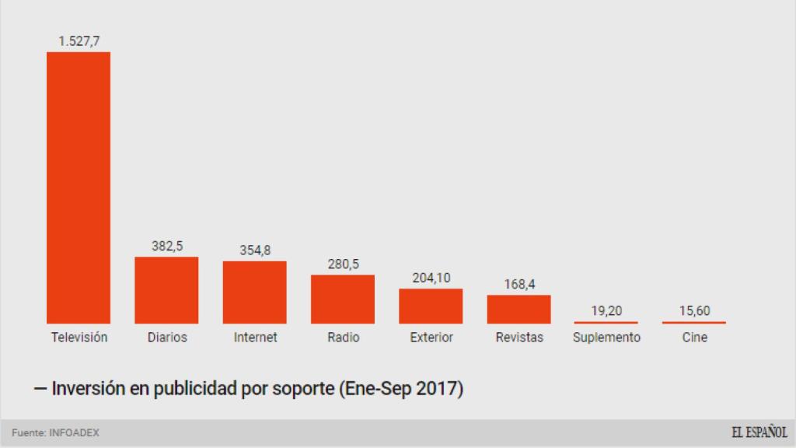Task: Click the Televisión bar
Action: tap(79, 187)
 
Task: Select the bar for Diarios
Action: tap(166, 290)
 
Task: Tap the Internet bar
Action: tap(255, 292)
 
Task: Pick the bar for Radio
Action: tap(343, 299)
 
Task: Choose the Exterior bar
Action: tap(431, 306)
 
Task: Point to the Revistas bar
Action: tap(519, 310)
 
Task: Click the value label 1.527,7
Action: tap(79, 40)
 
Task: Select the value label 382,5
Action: tap(166, 245)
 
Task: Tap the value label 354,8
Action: tap(255, 250)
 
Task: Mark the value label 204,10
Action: tap(431, 277)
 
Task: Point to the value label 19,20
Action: tap(606, 311)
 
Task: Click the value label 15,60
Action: tap(694, 311)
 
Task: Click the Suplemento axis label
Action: tap(606, 338)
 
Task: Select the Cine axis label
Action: tap(694, 338)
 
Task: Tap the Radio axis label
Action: tap(343, 338)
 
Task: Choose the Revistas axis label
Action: tap(519, 338)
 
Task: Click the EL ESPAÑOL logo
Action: tap(758, 432)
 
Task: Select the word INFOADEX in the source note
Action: tap(74, 432)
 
